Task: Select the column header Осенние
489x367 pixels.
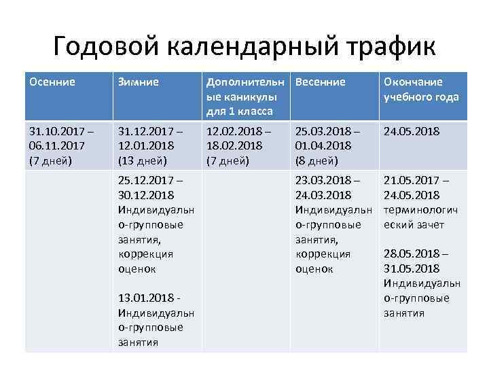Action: [x=52, y=82]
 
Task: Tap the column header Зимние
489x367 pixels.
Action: [x=139, y=82]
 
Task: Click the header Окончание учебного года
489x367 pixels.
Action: [x=421, y=89]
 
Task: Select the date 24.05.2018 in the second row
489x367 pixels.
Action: [x=412, y=130]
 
